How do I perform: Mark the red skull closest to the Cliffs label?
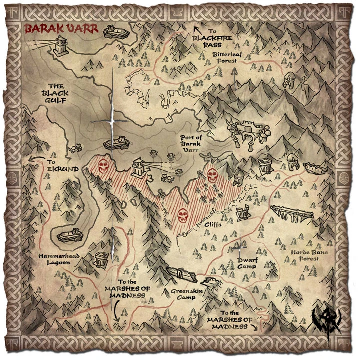coord(182,215)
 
